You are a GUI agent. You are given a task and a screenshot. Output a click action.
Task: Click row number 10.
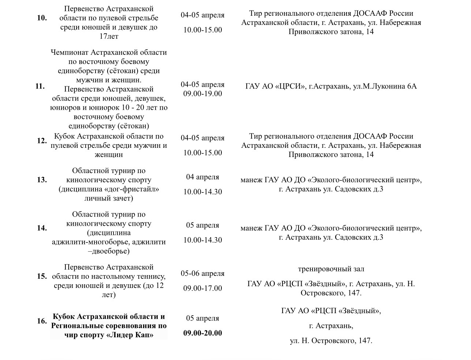coord(42,18)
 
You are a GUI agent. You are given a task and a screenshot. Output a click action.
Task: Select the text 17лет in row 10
coord(109,37)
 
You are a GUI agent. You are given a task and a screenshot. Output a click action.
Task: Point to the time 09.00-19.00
coord(202,94)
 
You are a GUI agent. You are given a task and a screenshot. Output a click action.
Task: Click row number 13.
coord(42,180)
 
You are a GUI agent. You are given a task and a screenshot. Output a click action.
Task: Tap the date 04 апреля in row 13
coord(202,177)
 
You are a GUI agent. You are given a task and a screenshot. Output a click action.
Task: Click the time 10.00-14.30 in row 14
coord(202,240)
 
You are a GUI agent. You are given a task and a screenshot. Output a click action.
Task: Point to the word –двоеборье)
coord(109,251)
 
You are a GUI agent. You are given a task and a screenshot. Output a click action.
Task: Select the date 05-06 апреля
coord(202,274)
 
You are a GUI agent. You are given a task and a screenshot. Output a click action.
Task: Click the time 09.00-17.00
coord(202,289)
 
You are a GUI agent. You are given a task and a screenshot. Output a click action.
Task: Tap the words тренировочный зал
coord(331,269)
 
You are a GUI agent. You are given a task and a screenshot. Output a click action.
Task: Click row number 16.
coord(42,321)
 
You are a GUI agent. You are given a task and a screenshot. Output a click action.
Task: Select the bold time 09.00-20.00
coord(202,333)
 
